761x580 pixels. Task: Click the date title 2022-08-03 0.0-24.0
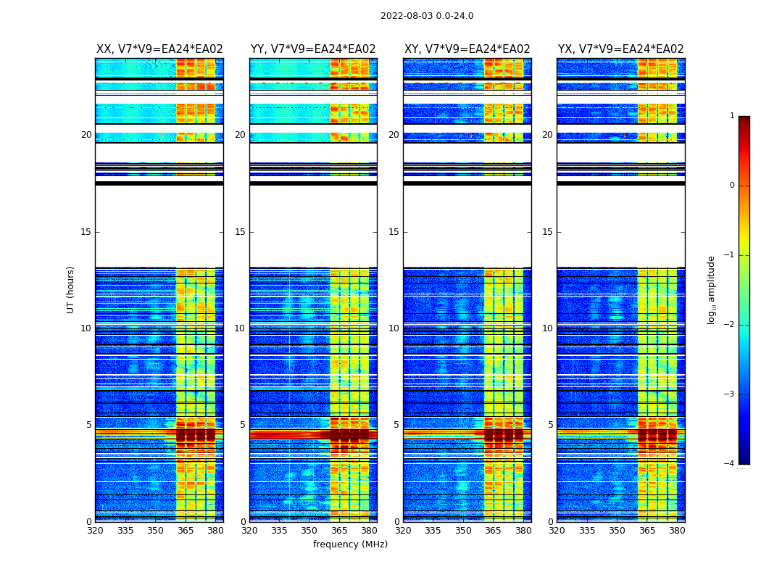point(427,16)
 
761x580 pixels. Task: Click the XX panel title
point(159,49)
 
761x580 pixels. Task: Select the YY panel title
point(313,49)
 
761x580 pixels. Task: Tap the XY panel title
point(467,49)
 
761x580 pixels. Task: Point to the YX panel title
point(620,49)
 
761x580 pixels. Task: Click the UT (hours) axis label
point(71,289)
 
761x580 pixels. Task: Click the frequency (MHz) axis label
point(350,544)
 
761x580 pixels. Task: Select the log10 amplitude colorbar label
point(711,289)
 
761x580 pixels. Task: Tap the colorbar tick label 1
point(732,116)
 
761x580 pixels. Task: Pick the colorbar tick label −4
point(730,464)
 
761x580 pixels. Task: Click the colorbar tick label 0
point(732,186)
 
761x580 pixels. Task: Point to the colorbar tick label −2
point(730,325)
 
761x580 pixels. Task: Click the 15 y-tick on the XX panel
point(86,232)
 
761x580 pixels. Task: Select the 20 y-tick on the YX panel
point(548,135)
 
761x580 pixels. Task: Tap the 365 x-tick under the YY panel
point(339,530)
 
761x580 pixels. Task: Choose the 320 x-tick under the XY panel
point(404,530)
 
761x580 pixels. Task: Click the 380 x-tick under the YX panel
point(677,530)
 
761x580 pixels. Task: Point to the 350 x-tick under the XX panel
point(155,530)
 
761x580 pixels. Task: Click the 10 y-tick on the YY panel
point(240,328)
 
